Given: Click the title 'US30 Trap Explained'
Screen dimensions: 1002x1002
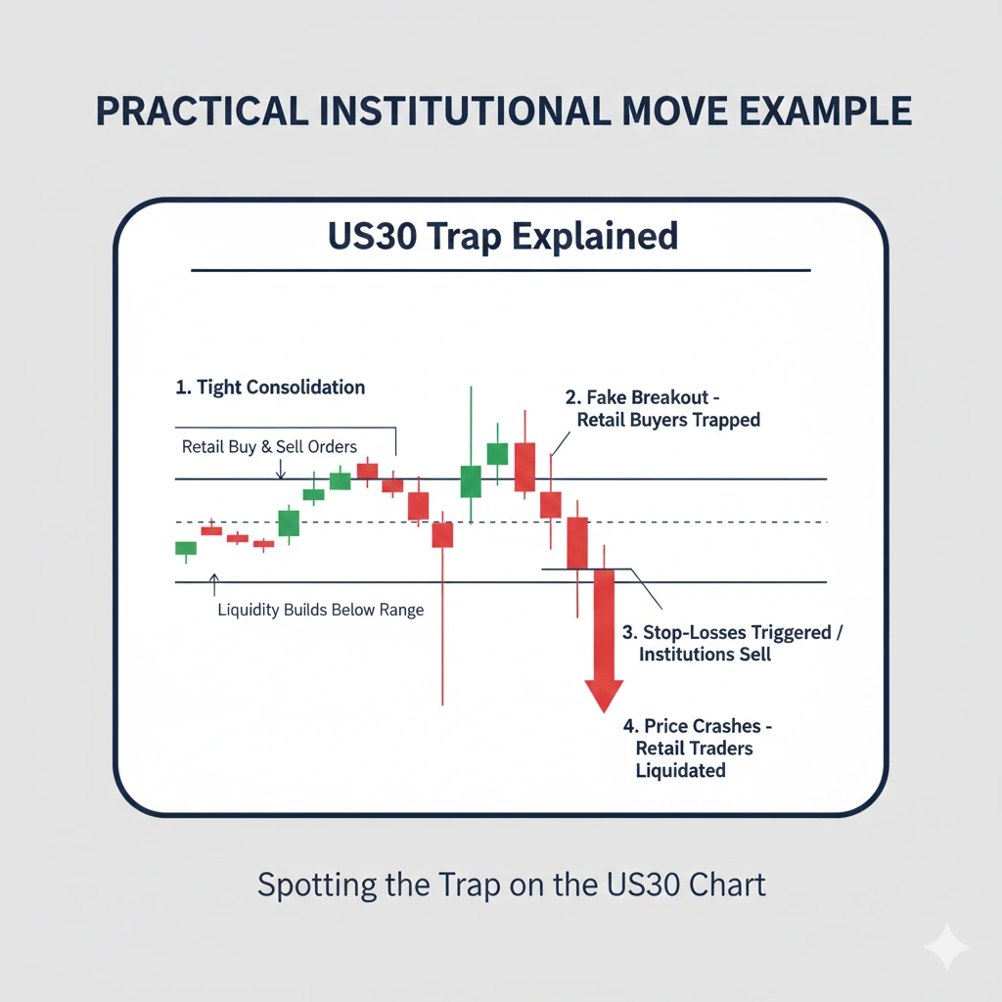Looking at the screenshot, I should (x=500, y=237).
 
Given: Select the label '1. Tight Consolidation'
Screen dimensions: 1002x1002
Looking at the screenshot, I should (x=270, y=387).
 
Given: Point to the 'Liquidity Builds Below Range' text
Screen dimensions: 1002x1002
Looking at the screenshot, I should (x=320, y=611).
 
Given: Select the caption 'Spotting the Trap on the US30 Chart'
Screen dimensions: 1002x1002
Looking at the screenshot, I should (x=511, y=885).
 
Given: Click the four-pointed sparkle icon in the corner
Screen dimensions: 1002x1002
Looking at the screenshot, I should (x=947, y=947).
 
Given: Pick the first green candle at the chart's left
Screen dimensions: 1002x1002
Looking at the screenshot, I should (x=186, y=549).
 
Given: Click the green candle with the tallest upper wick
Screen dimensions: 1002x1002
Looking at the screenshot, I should (x=471, y=480).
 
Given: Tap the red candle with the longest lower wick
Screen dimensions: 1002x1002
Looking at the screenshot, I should (x=442, y=534).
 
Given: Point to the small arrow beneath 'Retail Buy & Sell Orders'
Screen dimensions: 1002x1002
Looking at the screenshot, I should (x=281, y=470).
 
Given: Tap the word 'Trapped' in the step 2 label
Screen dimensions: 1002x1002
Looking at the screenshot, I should (x=725, y=421).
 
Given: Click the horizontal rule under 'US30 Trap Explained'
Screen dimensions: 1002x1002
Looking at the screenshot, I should (x=500, y=270).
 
